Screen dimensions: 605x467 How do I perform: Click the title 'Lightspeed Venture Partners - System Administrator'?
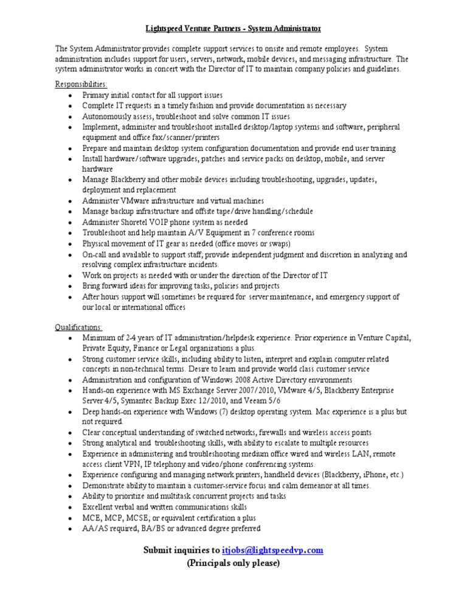coord(233,29)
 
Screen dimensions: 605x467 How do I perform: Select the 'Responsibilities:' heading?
coord(81,85)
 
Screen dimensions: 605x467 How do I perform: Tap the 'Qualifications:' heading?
coord(79,327)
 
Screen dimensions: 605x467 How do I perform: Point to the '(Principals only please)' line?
coord(233,564)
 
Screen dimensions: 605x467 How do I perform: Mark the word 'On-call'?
coord(96,254)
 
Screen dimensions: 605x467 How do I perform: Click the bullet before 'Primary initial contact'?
coord(71,96)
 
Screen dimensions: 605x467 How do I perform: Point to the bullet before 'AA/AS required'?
coord(71,528)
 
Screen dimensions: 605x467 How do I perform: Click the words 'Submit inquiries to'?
coord(180,550)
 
